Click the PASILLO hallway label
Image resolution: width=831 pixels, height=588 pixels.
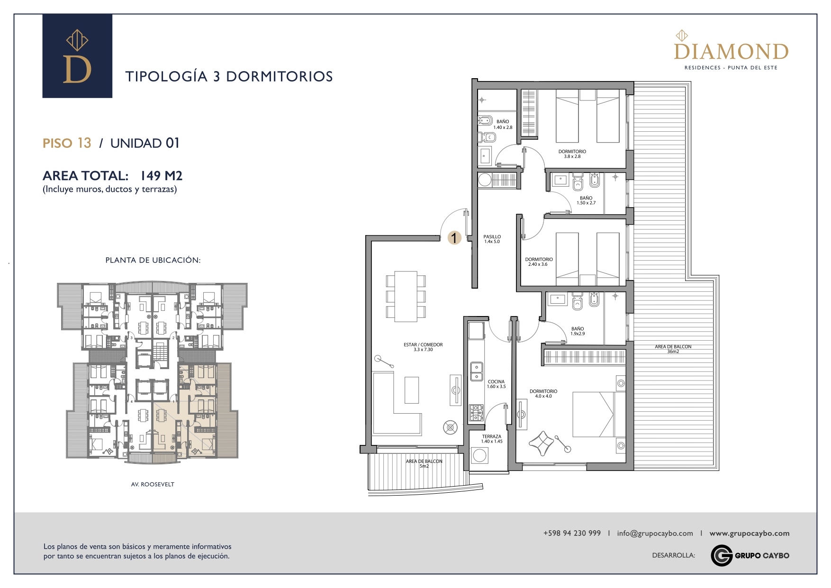pos(492,239)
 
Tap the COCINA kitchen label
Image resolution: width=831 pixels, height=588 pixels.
pos(496,384)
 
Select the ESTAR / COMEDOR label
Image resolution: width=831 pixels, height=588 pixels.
pos(423,347)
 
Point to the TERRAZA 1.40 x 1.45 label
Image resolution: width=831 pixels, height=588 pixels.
pos(492,439)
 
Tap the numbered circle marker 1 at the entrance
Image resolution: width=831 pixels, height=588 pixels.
pos(454,237)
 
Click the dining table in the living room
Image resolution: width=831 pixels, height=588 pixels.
pos(406,296)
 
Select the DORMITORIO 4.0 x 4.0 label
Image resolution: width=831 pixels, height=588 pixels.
pos(543,394)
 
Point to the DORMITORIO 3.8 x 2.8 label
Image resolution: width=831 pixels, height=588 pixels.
pos(572,154)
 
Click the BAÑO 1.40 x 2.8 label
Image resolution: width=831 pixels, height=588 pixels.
pos(503,125)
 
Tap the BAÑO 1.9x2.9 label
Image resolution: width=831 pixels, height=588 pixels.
pos(578,331)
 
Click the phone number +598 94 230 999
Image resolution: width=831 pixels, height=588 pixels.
pos(572,533)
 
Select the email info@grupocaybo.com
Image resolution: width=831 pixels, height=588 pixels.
pos(655,534)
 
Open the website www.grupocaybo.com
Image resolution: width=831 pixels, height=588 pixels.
pos(750,534)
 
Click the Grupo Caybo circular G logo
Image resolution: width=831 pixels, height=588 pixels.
pos(722,555)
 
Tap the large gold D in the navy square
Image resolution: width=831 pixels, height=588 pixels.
pos(77,69)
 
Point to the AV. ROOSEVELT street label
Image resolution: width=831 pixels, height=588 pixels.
pos(153,484)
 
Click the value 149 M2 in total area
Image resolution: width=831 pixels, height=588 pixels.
pos(161,176)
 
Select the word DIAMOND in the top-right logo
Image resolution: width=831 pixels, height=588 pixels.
pos(731,52)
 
